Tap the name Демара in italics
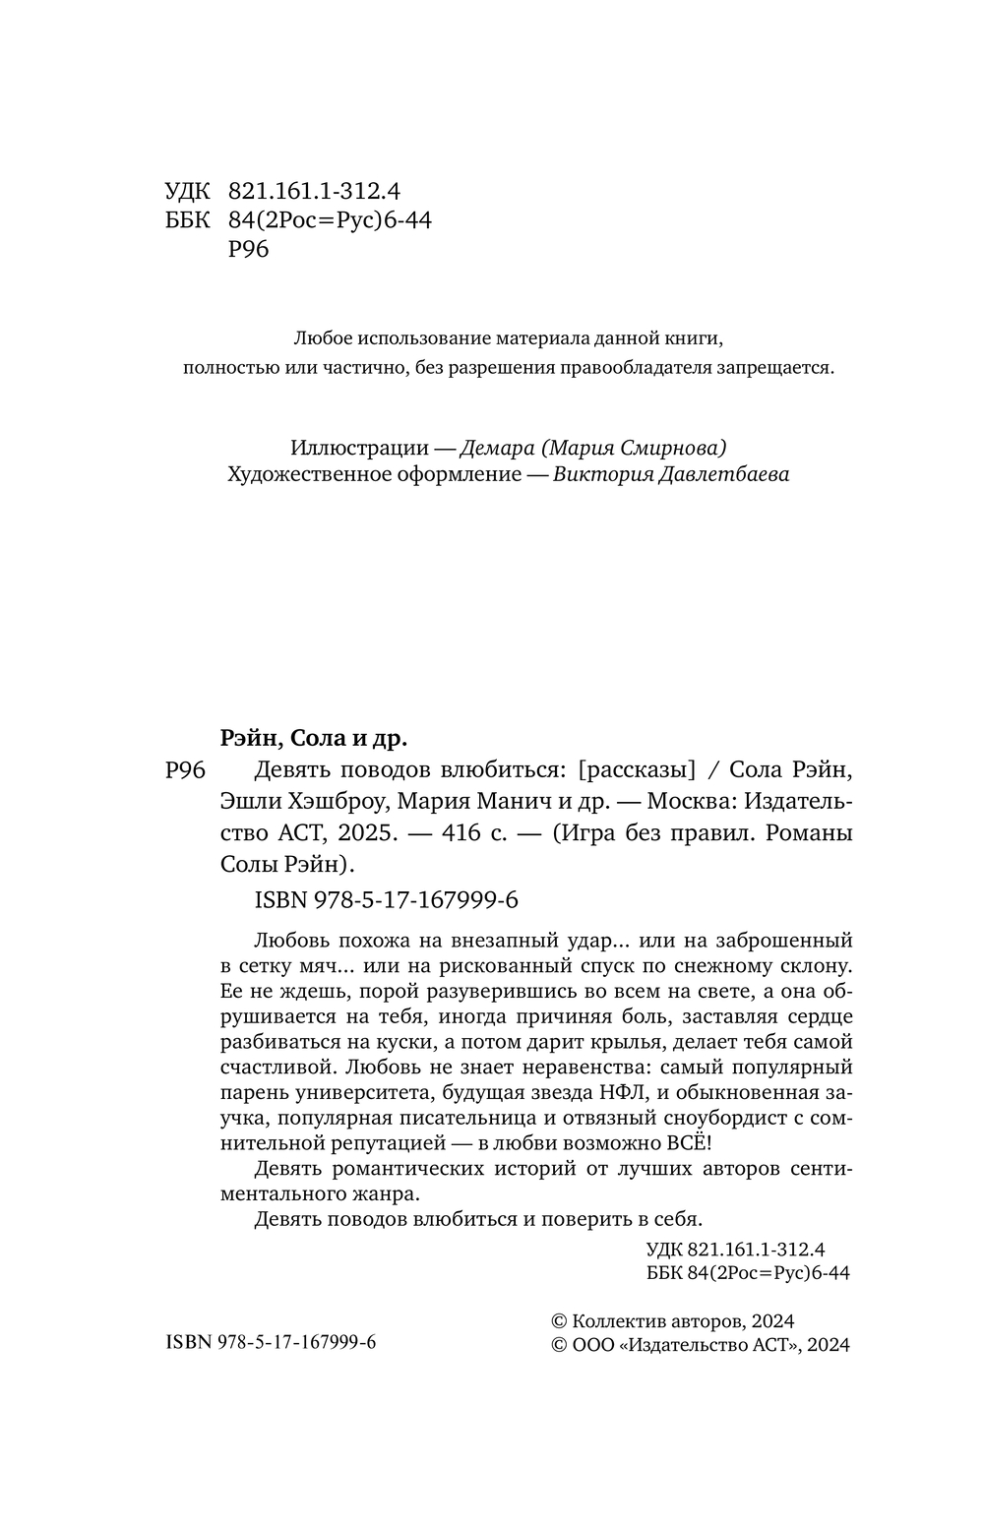pos(496,448)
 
